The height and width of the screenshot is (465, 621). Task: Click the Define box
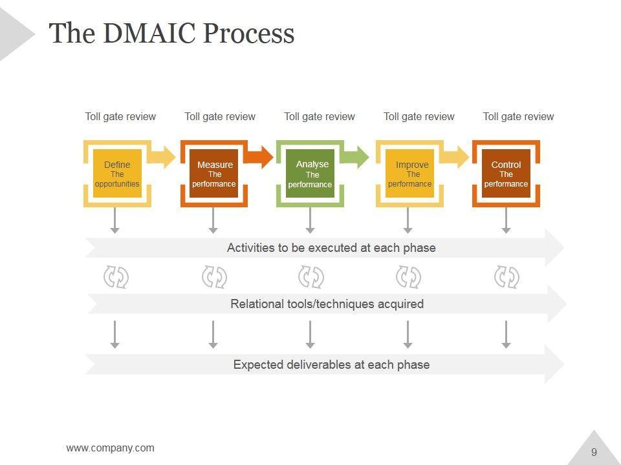click(x=117, y=173)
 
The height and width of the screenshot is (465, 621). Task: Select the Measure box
click(x=214, y=173)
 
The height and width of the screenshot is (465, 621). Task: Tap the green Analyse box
click(x=310, y=173)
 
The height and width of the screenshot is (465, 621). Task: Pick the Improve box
click(x=409, y=173)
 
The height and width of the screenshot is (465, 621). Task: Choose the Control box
click(x=506, y=173)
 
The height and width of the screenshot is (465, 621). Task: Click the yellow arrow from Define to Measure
click(x=162, y=157)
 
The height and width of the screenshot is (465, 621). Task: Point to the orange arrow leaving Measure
click(x=258, y=157)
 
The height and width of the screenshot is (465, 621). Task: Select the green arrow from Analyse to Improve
click(x=355, y=157)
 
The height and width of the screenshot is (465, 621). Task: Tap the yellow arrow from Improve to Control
click(x=454, y=157)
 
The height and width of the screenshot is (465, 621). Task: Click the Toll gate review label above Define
click(x=120, y=117)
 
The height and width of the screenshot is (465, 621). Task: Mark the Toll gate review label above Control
click(x=518, y=117)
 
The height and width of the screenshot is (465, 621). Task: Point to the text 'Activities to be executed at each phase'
click(x=331, y=248)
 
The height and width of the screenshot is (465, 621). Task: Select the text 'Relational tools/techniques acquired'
click(x=327, y=304)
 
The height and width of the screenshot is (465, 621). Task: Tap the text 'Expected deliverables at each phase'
click(x=331, y=364)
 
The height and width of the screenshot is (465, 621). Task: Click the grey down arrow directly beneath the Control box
click(x=506, y=220)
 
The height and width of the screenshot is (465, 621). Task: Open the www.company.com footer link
click(x=110, y=448)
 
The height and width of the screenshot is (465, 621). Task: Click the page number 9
click(x=594, y=452)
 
